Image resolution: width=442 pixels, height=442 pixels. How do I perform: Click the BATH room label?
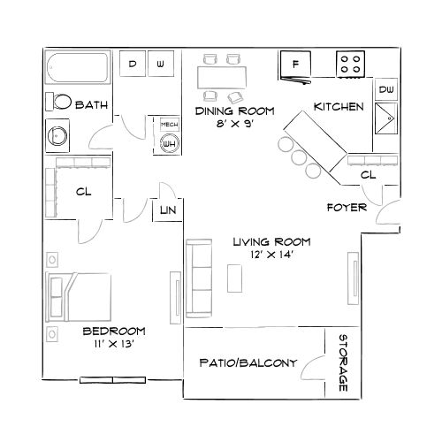click(92, 105)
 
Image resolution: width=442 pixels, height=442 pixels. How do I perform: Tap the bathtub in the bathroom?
click(77, 70)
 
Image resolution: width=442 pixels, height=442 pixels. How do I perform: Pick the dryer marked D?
click(132, 65)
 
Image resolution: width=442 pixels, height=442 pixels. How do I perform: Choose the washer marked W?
click(160, 65)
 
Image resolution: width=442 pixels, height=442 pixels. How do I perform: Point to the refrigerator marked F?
click(295, 65)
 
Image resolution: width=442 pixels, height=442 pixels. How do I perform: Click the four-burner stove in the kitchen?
click(351, 65)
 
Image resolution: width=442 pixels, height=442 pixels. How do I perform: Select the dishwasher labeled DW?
click(386, 90)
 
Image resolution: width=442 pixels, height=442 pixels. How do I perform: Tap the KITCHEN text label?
click(338, 107)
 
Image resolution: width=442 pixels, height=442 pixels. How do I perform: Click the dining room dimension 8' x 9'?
click(233, 126)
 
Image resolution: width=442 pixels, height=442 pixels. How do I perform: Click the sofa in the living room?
click(200, 278)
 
